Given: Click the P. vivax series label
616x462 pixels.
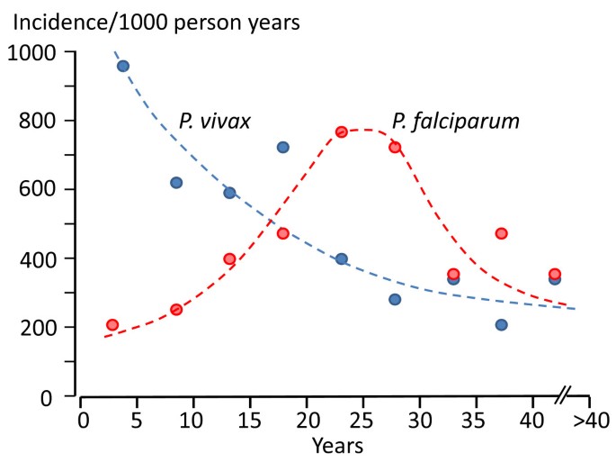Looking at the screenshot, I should click(214, 122).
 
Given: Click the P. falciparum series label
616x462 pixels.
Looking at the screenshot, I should click(455, 122).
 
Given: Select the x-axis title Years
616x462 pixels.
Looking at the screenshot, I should click(337, 445).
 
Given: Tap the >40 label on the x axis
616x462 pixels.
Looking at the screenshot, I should click(591, 421).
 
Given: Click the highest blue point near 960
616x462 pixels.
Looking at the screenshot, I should click(123, 66).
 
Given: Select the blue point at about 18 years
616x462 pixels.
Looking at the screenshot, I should click(282, 147).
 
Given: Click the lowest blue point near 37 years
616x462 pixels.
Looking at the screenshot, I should click(501, 324).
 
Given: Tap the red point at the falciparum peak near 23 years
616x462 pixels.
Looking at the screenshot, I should click(342, 131).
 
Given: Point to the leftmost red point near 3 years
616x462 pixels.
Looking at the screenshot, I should click(112, 325).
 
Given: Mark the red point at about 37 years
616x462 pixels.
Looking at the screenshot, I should click(501, 233).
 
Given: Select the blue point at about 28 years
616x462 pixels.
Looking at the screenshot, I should click(395, 299).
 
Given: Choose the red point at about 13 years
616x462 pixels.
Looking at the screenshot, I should click(229, 258).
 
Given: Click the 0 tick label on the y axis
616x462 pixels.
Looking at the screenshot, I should click(58, 396).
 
